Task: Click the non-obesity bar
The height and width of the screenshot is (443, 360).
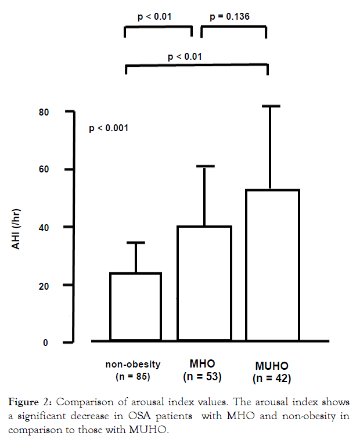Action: pyautogui.click(x=136, y=307)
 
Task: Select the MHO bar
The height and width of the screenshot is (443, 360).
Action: pyautogui.click(x=204, y=283)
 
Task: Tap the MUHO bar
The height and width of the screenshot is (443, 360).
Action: pyautogui.click(x=272, y=265)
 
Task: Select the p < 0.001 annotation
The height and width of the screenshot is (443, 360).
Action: pyautogui.click(x=109, y=128)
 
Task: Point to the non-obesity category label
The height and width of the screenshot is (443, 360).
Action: pyautogui.click(x=133, y=365)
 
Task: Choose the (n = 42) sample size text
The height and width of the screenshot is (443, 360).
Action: pyautogui.click(x=272, y=379)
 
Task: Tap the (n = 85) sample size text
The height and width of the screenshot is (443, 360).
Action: pyautogui.click(x=133, y=377)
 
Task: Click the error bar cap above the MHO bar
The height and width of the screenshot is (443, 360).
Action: pyautogui.click(x=204, y=166)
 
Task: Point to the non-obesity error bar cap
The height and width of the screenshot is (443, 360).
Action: pyautogui.click(x=136, y=243)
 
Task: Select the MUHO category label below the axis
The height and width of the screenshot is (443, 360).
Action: pyautogui.click(x=272, y=366)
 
